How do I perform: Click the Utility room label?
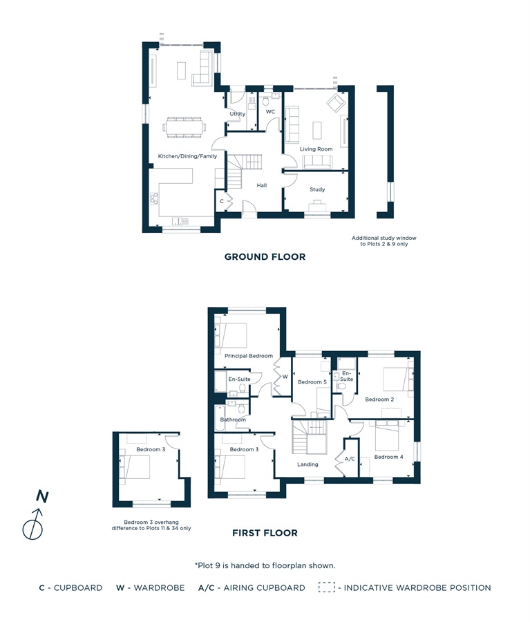238,114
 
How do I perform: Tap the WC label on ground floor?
271,112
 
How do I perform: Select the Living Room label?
316,149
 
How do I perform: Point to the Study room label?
317,189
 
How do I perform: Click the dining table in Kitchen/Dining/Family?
184,127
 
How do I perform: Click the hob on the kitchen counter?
154,198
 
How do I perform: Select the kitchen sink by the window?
180,221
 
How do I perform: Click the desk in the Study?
317,206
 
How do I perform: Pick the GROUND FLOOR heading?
265,257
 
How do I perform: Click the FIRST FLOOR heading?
265,533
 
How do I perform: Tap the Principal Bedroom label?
249,356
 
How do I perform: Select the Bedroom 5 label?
312,382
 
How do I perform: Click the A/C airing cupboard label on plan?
350,459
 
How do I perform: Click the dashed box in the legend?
326,587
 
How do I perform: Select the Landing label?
308,464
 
